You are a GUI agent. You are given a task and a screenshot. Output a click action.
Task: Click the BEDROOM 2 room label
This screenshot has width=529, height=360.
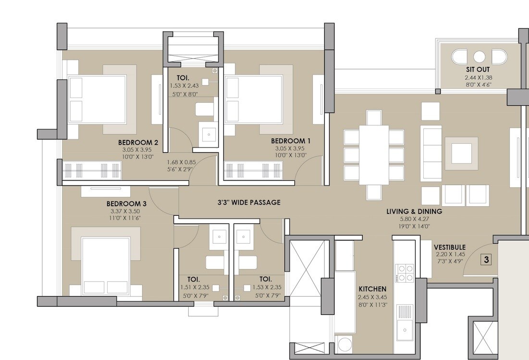click(138, 142)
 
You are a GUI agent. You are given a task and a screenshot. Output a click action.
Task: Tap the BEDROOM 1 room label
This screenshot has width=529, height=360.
click(291, 141)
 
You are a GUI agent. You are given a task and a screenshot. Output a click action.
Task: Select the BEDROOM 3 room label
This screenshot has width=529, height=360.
click(126, 203)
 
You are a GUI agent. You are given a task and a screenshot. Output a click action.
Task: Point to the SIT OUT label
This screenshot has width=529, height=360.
click(478, 70)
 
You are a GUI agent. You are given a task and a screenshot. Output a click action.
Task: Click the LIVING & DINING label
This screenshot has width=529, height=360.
click(414, 211)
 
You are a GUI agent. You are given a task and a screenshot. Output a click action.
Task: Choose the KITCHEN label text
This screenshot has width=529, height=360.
click(372, 289)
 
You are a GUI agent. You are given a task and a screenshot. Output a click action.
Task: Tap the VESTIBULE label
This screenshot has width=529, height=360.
click(450, 247)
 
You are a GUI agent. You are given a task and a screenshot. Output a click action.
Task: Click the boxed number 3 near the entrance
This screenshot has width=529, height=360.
click(486, 260)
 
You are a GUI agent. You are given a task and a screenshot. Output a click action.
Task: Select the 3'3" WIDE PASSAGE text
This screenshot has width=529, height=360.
click(248, 202)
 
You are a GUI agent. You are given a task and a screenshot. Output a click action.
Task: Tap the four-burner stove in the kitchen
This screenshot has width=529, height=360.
click(405, 273)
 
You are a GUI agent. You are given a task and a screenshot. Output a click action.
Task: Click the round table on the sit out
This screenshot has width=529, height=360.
click(479, 57)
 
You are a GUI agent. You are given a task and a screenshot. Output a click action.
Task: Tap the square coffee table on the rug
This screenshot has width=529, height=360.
click(461, 153)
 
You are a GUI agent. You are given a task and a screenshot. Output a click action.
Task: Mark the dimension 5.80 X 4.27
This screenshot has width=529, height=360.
click(414, 219)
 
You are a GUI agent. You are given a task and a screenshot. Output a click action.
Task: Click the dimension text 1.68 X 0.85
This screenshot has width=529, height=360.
click(182, 162)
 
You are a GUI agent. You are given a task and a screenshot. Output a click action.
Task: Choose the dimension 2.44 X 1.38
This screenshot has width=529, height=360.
click(478, 77)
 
